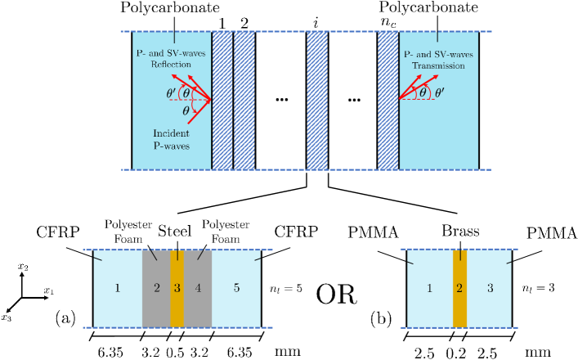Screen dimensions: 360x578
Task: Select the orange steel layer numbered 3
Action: (x=177, y=287)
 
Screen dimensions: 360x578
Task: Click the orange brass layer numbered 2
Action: (x=459, y=287)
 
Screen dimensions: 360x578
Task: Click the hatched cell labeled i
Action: (x=316, y=101)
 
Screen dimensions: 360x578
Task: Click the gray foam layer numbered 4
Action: (x=199, y=287)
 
